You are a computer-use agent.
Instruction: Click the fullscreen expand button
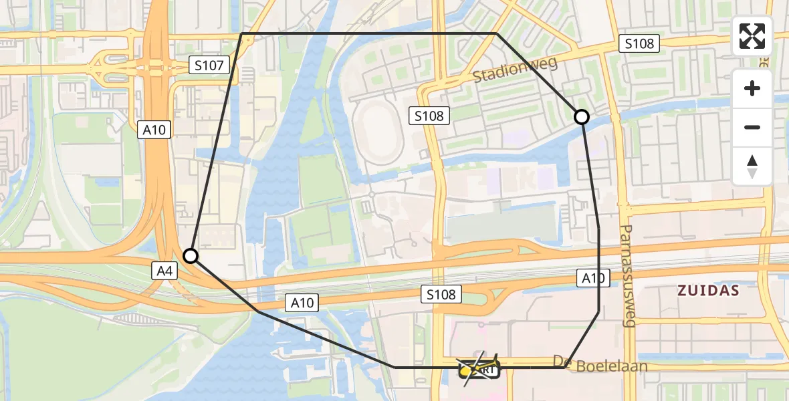click(752, 36)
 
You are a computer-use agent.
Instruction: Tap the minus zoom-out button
click(752, 127)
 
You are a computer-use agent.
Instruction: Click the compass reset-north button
click(752, 166)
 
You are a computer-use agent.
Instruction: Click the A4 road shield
click(164, 271)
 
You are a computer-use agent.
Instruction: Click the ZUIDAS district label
click(708, 291)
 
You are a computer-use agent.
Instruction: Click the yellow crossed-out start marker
click(479, 368)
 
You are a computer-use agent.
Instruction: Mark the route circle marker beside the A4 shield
click(191, 256)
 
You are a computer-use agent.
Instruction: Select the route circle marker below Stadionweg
click(582, 117)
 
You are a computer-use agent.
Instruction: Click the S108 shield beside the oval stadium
click(428, 116)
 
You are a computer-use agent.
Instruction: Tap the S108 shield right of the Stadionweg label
click(639, 44)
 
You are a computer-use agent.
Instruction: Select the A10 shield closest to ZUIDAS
click(593, 278)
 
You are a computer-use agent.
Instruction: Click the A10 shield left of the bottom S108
click(302, 303)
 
